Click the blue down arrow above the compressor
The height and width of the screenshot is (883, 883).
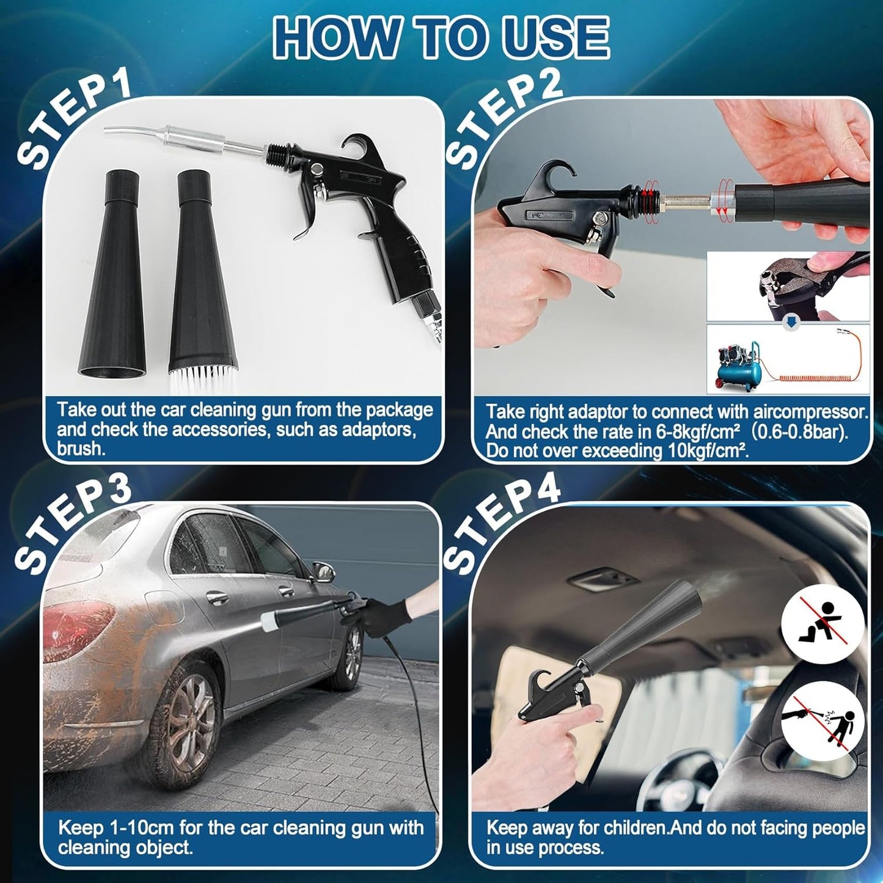coord(791,325)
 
